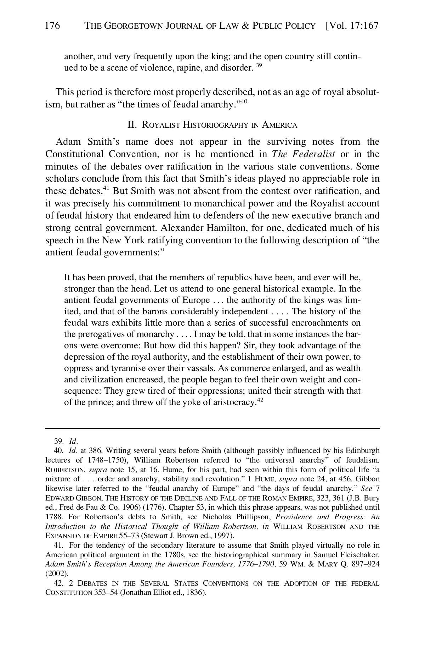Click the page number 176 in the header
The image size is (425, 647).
[x=53, y=26]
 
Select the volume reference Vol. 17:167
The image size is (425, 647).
[x=352, y=26]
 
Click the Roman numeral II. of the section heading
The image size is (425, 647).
[x=132, y=125]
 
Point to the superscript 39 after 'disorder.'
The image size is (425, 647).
[x=259, y=66]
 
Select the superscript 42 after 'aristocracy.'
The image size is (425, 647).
[x=260, y=400]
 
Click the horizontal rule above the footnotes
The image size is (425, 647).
[x=212, y=428]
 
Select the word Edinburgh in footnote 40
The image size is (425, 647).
[x=363, y=451]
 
